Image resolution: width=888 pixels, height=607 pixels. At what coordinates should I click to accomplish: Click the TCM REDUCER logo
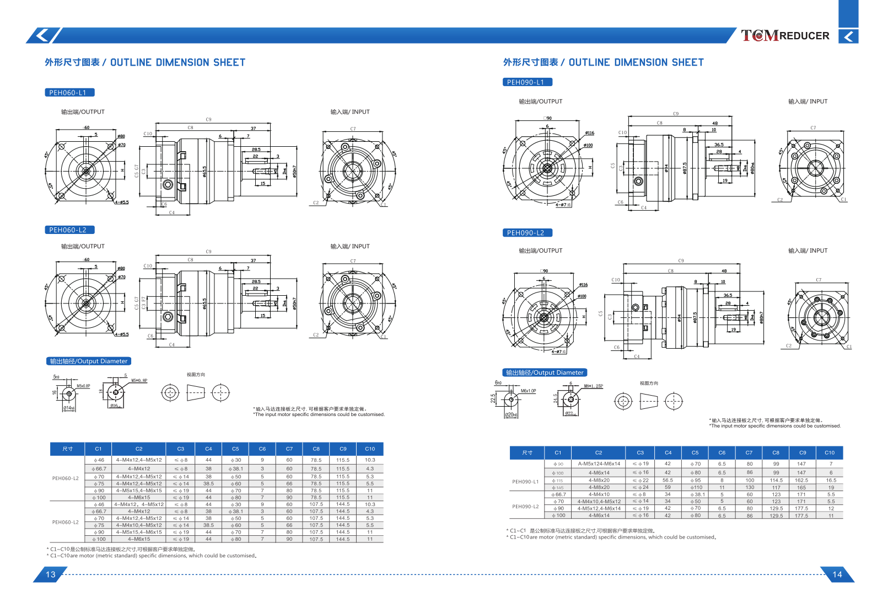[x=785, y=36]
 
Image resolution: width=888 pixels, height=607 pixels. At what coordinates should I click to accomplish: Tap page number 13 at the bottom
[x=50, y=574]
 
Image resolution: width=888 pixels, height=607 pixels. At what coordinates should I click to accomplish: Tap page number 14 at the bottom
[x=837, y=574]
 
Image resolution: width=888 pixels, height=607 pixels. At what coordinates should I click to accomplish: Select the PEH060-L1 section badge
[x=69, y=93]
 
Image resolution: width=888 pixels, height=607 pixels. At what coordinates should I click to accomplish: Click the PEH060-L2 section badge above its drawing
[x=69, y=230]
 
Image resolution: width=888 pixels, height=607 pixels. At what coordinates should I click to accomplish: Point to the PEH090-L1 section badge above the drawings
[x=527, y=82]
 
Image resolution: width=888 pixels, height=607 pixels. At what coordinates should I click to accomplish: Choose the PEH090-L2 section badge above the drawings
[x=527, y=233]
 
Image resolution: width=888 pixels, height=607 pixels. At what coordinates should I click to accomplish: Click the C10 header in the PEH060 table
[x=370, y=449]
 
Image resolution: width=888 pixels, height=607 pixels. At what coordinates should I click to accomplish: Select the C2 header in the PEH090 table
[x=599, y=453]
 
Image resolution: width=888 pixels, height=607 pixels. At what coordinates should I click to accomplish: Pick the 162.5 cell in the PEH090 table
[x=801, y=481]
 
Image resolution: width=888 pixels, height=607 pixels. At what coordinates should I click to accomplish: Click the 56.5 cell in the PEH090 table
[x=668, y=481]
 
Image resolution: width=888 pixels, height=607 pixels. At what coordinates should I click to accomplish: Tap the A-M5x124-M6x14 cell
[x=599, y=464]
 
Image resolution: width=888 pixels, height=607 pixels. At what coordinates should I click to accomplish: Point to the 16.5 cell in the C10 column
[x=831, y=481]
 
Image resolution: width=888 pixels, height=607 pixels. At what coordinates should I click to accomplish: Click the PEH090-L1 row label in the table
[x=525, y=482]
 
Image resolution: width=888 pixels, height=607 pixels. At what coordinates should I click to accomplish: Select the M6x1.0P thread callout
[x=529, y=391]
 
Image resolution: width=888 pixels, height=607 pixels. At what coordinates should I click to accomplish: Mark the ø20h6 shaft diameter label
[x=511, y=415]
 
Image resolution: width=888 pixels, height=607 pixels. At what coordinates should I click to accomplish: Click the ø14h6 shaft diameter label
[x=69, y=408]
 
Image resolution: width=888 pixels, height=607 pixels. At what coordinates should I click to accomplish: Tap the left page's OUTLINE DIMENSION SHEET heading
[x=145, y=63]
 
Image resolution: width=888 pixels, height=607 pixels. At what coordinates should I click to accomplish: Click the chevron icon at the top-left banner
[x=41, y=36]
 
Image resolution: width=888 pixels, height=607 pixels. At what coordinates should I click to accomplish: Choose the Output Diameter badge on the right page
[x=545, y=372]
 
